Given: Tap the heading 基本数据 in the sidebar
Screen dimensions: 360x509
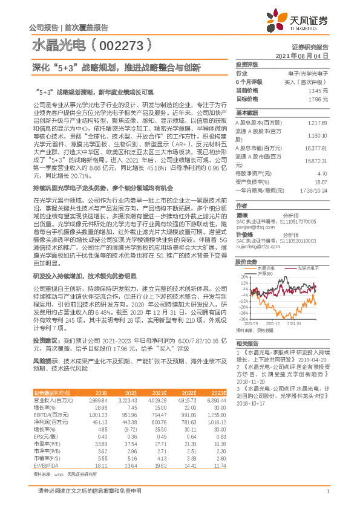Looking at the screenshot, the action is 246,112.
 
